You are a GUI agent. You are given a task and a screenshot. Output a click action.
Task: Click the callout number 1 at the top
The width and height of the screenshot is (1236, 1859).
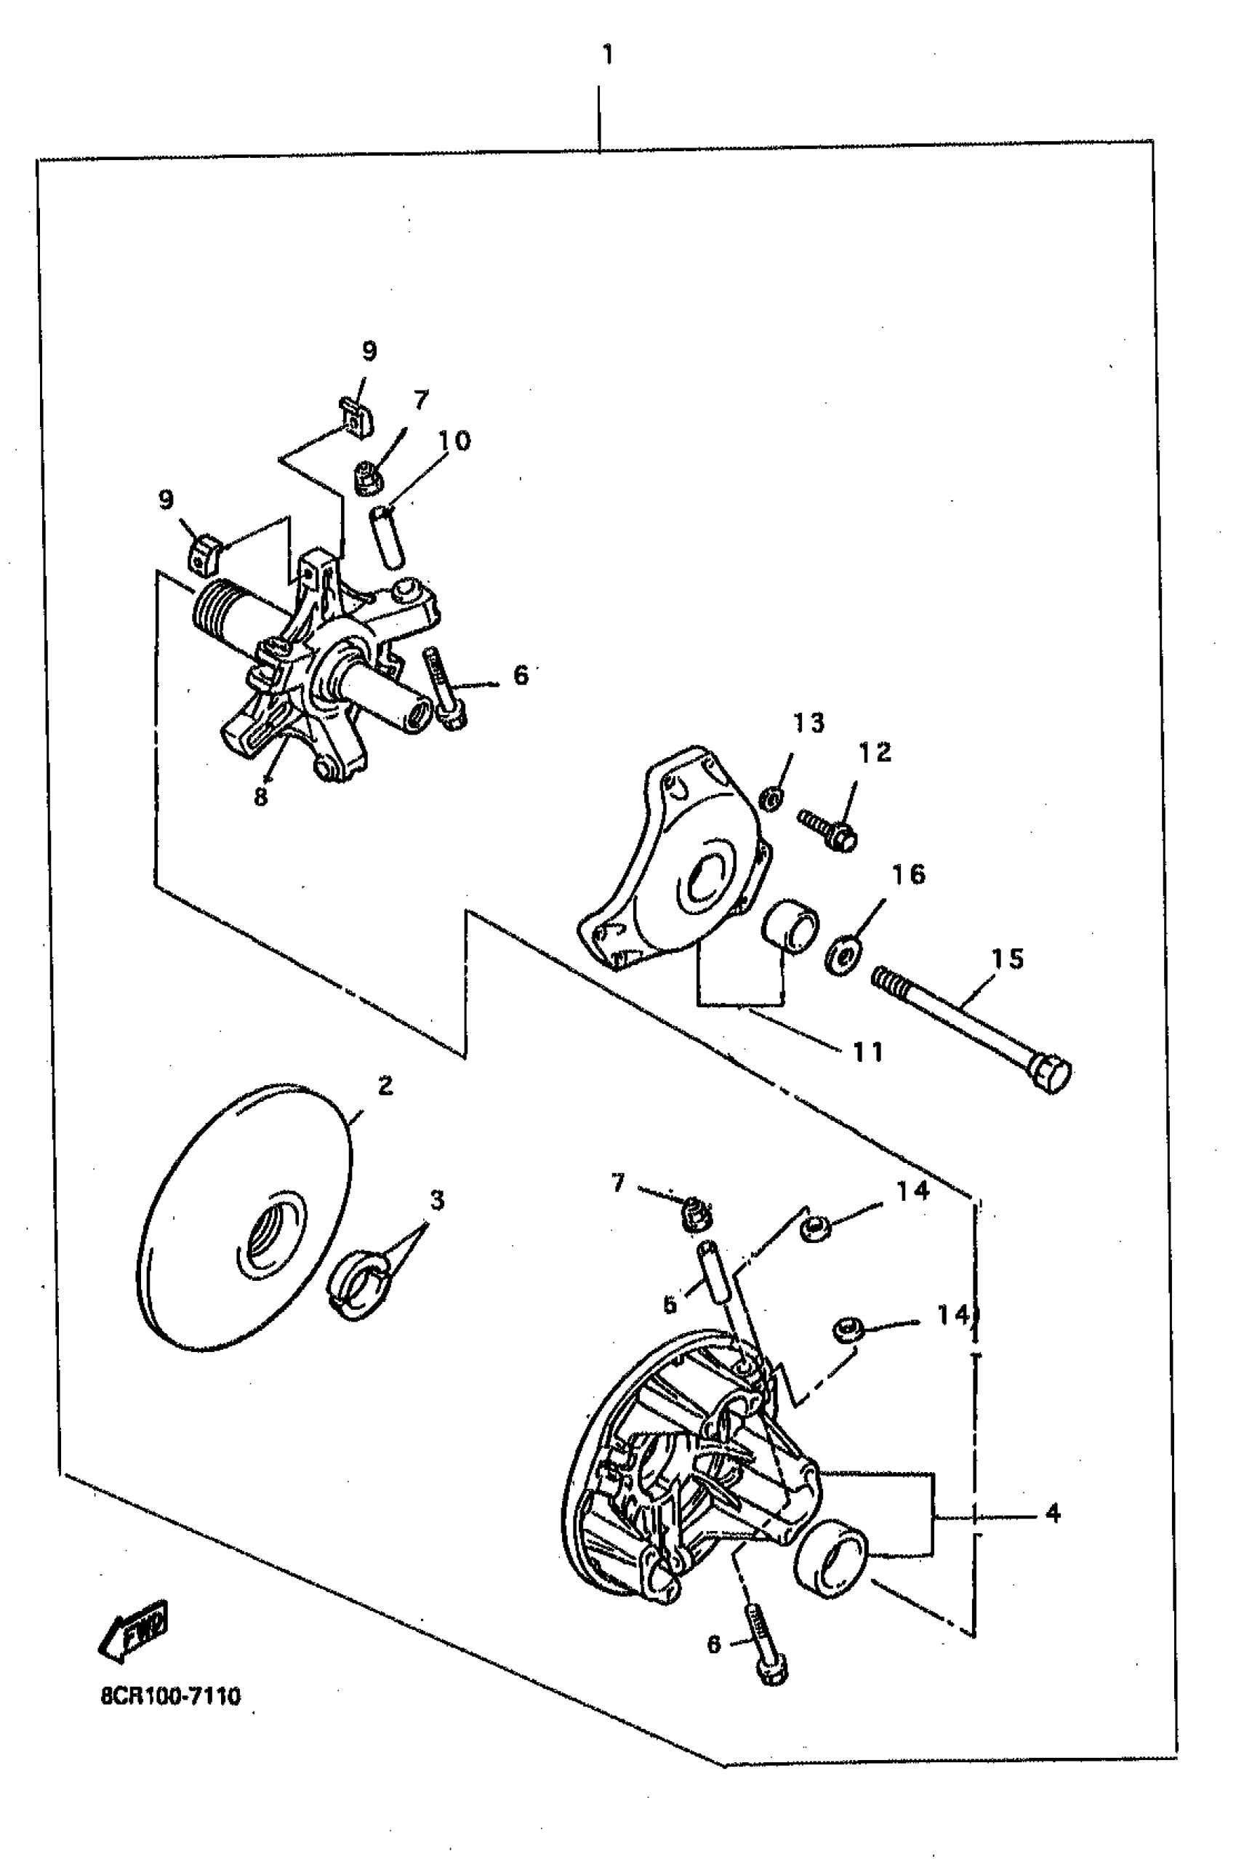pos(607,55)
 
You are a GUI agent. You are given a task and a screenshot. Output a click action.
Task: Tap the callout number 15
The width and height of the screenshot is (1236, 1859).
pos(1007,959)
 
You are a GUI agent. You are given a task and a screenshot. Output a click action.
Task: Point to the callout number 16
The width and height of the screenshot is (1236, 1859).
pos(908,874)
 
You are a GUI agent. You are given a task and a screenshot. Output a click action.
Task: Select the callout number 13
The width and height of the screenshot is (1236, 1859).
pos(808,723)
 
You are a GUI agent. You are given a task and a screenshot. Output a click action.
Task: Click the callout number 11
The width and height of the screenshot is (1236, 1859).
pos(867,1052)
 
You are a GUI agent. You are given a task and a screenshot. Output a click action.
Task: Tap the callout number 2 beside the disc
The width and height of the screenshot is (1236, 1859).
pos(385,1087)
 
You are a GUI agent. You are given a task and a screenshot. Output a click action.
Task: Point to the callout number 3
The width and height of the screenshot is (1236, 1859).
pos(437,1201)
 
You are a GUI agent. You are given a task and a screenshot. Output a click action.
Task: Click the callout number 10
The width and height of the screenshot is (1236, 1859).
pos(454,441)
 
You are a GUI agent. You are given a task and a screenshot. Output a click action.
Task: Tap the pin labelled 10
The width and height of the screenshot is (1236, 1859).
pos(387,536)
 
